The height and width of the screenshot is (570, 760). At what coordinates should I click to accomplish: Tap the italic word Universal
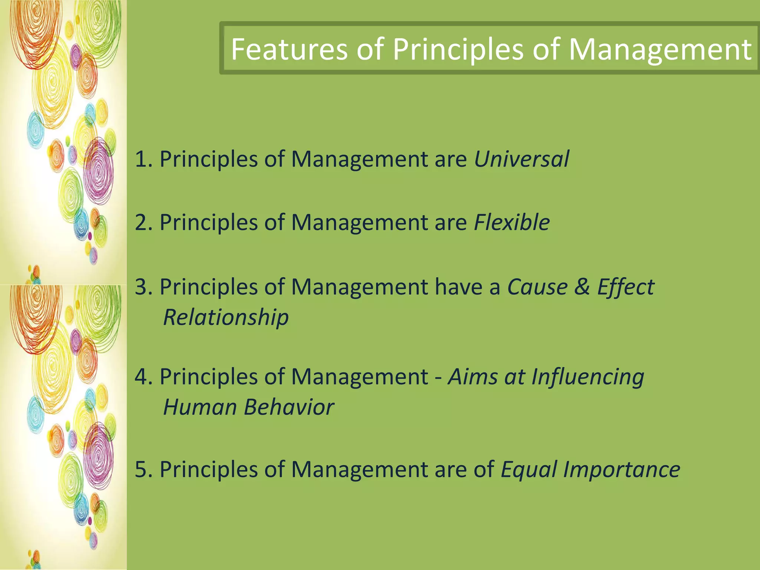[x=521, y=159]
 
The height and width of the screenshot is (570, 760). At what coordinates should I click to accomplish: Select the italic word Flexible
[x=512, y=223]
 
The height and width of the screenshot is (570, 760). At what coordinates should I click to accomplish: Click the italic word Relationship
[x=226, y=317]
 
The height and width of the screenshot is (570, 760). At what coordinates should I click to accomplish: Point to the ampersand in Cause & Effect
[x=582, y=287]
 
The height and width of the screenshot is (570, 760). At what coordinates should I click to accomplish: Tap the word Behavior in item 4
[x=289, y=407]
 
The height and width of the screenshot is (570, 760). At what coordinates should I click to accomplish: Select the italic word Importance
[x=622, y=469]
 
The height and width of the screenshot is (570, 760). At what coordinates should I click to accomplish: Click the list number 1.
[x=141, y=160]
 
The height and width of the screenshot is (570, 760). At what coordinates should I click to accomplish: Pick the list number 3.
[x=141, y=287]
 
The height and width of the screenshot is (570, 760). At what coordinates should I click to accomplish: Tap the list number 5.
[x=141, y=470]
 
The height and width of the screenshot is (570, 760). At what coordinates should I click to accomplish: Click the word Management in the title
[x=659, y=49]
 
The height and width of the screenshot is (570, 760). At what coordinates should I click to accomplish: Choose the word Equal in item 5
[x=528, y=470]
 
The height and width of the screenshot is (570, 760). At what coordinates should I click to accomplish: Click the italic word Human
[x=200, y=407]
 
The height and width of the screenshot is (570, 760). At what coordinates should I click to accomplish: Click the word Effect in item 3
[x=626, y=287]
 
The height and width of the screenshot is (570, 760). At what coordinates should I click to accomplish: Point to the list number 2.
[x=141, y=223]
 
